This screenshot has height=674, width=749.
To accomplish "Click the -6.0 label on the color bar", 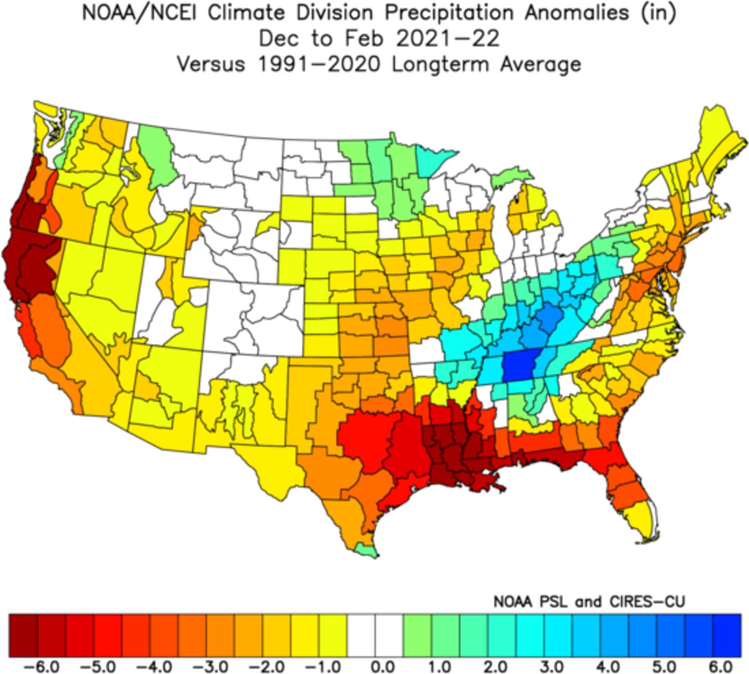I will click(x=50, y=666).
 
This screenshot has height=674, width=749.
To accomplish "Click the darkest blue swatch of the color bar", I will click(x=726, y=628).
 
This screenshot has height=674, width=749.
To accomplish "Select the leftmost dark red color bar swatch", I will click(x=23, y=628).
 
